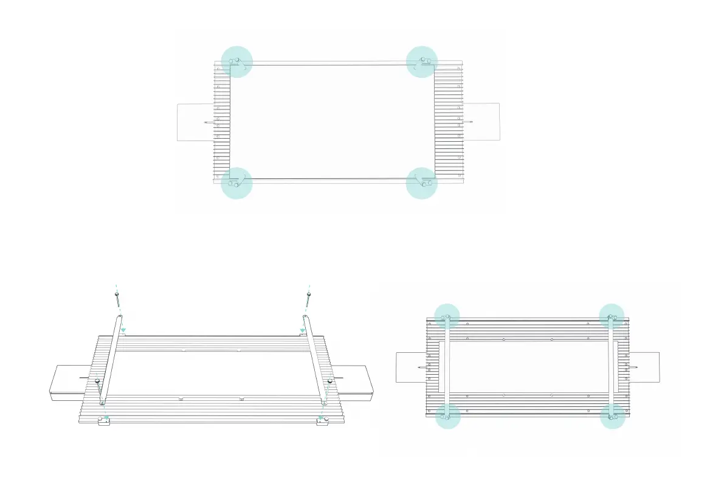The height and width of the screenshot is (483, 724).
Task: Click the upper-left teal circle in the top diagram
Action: [x=236, y=61]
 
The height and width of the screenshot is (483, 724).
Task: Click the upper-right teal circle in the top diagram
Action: [x=422, y=61]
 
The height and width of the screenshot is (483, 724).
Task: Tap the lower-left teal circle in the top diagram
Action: [x=236, y=183]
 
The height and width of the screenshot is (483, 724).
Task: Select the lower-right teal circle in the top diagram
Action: [x=422, y=183]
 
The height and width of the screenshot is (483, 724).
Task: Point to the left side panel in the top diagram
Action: [x=195, y=122]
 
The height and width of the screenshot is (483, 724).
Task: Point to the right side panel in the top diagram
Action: [x=482, y=122]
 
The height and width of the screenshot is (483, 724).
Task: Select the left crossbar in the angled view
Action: [x=111, y=359]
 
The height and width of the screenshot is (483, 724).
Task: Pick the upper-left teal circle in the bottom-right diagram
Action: [x=447, y=316]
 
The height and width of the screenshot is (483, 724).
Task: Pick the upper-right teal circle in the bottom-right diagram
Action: [x=612, y=316]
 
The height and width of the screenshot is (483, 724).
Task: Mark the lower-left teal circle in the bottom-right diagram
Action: [x=447, y=417]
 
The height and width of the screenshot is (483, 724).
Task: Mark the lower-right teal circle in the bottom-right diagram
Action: [x=612, y=417]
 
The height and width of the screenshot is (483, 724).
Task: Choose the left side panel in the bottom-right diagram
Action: [x=410, y=367]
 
